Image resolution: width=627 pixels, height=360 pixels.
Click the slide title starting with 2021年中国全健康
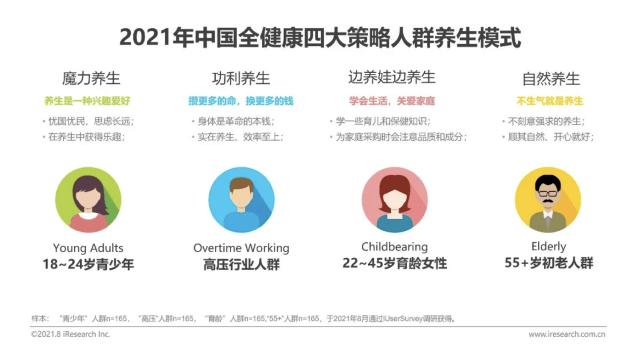tap(320, 38)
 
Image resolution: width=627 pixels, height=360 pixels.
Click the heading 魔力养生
tap(91, 79)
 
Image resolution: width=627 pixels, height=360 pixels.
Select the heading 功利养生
tap(241, 79)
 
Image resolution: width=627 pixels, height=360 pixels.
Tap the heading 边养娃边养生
tap(391, 77)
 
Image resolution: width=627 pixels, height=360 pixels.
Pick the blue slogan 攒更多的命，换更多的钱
tap(241, 101)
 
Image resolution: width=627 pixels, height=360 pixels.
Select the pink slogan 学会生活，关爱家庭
tap(392, 101)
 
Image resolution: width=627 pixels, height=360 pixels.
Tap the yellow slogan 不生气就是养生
tap(550, 101)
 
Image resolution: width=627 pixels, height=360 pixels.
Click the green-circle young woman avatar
tap(88, 200)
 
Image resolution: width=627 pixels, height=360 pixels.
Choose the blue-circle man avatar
tap(241, 200)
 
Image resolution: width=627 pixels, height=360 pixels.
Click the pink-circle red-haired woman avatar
tap(394, 200)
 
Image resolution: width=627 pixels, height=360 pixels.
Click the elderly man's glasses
tap(547, 193)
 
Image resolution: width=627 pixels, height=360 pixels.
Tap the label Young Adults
tap(88, 248)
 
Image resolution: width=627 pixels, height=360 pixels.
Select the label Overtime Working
tap(241, 248)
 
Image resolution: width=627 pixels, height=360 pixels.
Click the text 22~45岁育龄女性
tap(394, 264)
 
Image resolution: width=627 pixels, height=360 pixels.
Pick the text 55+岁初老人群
tap(548, 263)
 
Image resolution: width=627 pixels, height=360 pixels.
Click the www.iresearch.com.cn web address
tap(567, 334)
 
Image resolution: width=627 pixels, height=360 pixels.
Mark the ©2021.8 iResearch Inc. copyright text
tap(70, 334)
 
